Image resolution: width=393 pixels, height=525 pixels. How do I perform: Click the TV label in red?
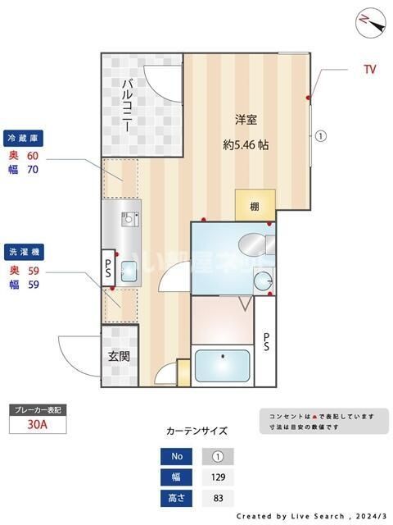370,70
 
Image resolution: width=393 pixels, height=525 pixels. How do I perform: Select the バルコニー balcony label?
129,107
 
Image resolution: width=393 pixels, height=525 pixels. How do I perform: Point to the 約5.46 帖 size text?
246,144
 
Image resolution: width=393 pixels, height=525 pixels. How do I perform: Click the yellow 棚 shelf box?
255,206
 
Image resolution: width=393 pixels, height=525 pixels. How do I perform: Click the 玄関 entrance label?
118,356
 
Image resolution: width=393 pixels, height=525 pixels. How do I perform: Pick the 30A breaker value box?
36,425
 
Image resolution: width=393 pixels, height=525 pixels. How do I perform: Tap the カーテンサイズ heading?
196,431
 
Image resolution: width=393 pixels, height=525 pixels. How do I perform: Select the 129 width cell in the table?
217,477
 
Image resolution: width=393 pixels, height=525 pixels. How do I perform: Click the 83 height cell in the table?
217,498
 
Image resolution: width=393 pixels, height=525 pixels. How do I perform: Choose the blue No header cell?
177,457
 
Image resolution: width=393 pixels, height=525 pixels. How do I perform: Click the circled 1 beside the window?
322,137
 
